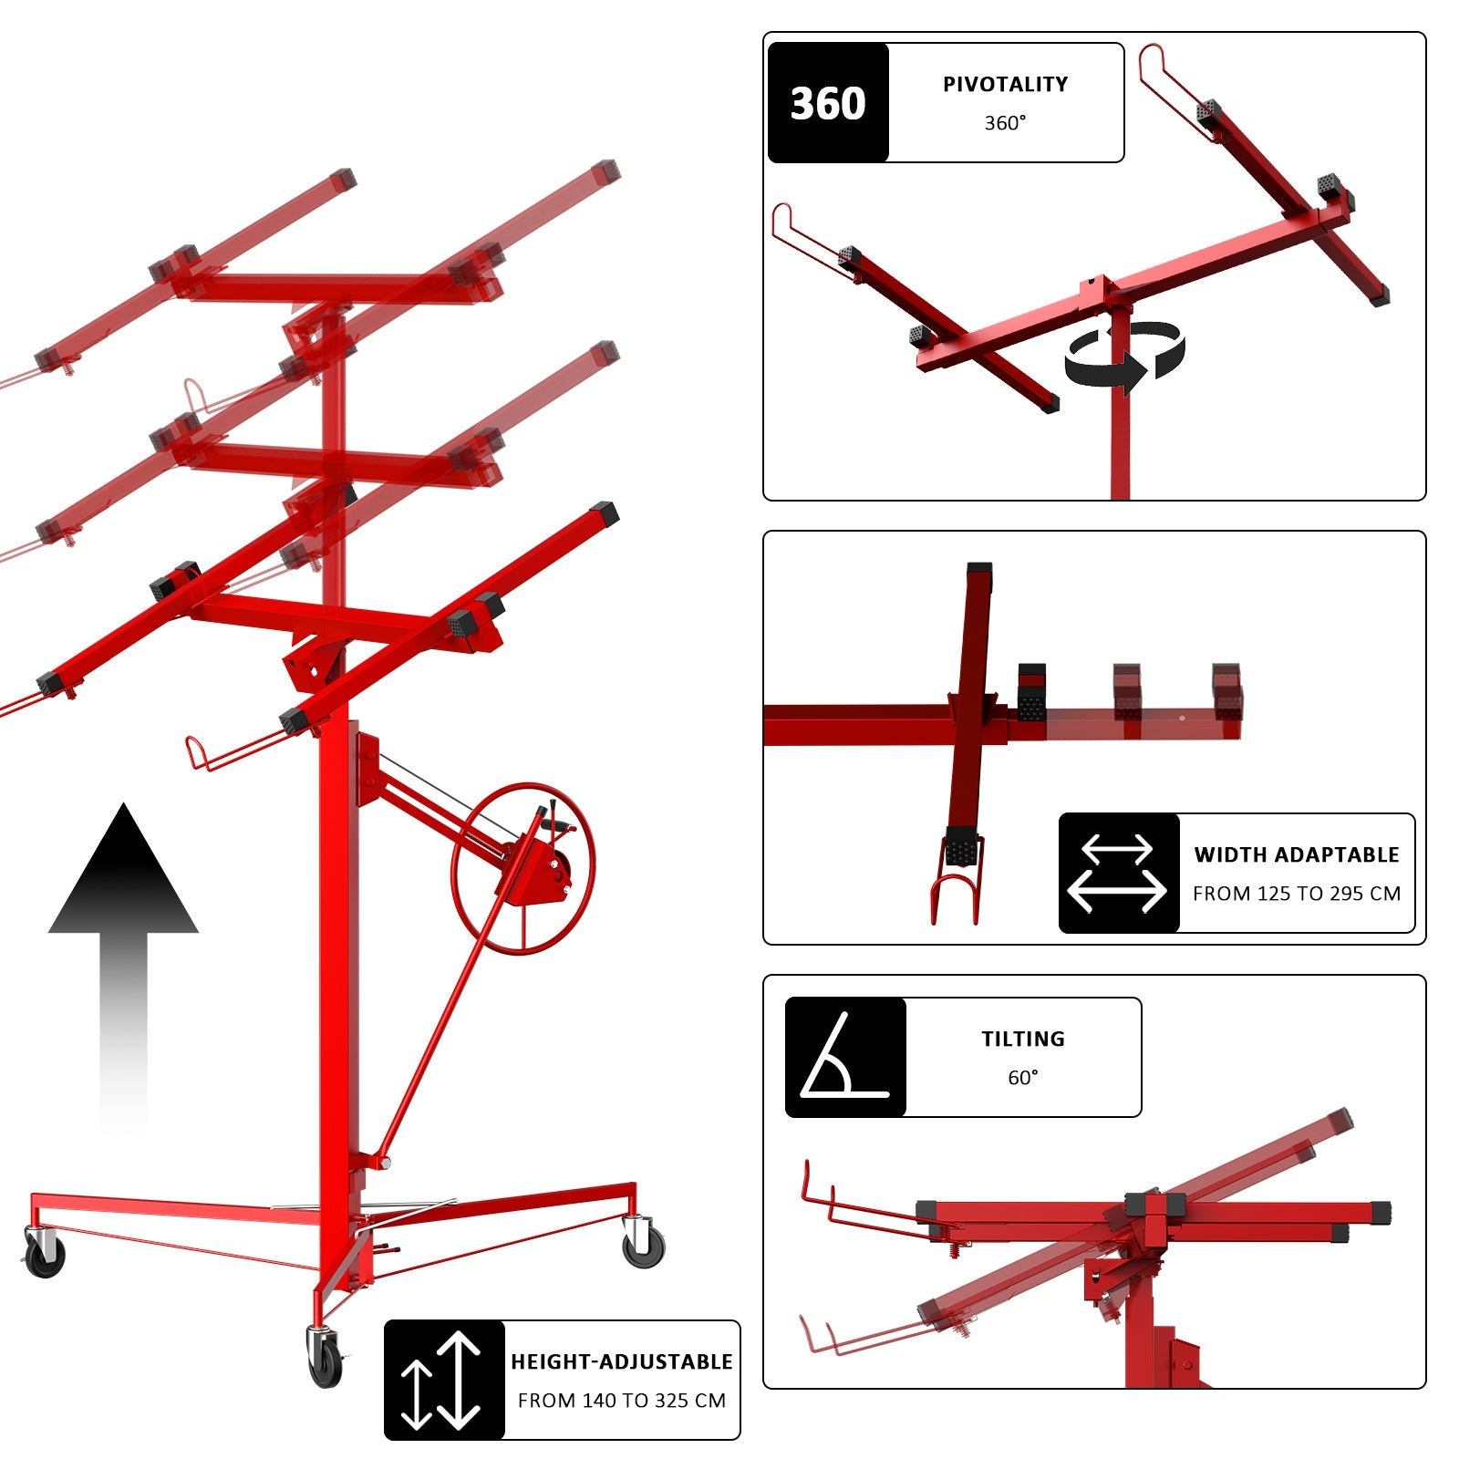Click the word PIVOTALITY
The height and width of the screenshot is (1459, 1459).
1005,84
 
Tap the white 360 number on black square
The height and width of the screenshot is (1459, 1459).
828,103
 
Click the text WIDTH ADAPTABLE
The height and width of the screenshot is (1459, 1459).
1297,854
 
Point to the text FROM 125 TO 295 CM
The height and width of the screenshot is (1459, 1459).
1297,894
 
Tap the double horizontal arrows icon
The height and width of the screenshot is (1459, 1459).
1118,874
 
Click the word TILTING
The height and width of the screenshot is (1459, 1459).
1023,1039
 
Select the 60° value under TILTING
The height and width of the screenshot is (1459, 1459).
1023,1078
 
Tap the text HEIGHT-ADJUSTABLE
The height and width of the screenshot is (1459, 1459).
622,1361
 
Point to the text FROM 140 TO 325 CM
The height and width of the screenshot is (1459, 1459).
622,1401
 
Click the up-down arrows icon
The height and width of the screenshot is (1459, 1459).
443,1380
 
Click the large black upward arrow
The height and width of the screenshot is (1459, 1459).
123,948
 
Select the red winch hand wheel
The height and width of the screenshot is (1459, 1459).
523,867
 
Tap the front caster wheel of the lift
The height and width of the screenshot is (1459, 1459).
325,1359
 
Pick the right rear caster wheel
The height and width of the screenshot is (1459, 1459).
644,1242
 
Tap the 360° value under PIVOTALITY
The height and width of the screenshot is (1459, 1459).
1005,123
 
